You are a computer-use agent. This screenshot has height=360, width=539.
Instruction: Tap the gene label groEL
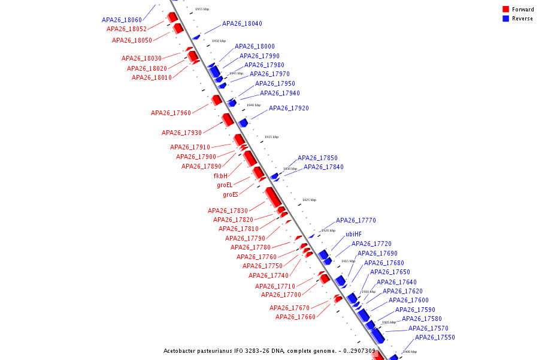(x=225, y=185)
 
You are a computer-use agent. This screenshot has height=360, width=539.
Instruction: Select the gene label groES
(x=231, y=194)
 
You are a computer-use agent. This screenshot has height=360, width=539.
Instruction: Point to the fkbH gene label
(x=221, y=176)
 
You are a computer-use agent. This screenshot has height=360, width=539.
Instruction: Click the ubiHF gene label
(x=353, y=234)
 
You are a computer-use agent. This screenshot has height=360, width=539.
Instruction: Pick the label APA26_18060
(x=122, y=20)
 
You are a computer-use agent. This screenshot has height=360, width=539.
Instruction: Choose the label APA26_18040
(x=242, y=24)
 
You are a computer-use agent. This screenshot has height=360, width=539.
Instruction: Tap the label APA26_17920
(x=289, y=109)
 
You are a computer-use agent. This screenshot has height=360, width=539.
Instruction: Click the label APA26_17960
(x=171, y=113)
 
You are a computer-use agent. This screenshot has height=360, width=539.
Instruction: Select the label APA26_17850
(x=317, y=158)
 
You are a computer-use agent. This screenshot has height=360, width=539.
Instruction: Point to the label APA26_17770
(x=356, y=221)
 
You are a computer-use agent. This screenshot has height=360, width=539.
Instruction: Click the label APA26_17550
(x=435, y=338)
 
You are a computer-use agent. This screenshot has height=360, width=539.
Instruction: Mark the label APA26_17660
(x=295, y=317)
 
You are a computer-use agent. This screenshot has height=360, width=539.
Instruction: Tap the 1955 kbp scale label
(x=202, y=10)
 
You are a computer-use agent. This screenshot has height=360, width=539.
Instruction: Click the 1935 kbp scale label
(x=271, y=137)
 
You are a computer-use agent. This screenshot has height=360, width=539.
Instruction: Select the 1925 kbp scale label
(x=309, y=200)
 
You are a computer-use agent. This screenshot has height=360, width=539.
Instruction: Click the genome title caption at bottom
(x=269, y=351)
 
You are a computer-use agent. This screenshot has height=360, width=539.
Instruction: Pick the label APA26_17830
(x=228, y=211)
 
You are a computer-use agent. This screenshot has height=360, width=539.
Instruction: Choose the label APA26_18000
(x=255, y=46)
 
